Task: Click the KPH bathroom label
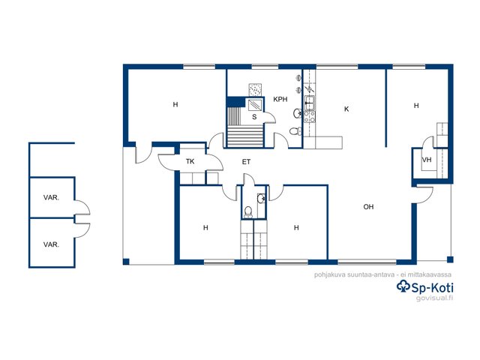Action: pos(280,99)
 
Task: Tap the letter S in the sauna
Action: pos(254,117)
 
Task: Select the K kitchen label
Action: pos(346,109)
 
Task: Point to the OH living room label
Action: pos(368,207)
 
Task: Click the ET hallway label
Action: pos(246,162)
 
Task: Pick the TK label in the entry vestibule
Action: pos(190,161)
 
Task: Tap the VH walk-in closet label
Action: pos(427,160)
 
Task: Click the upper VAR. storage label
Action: pos(51,198)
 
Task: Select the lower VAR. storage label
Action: pos(51,244)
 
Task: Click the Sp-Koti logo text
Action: pos(425,288)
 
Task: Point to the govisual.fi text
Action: pos(434,298)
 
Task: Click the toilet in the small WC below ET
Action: pos(248,212)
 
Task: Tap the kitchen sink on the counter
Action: pos(310,103)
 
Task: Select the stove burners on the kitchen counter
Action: pos(310,117)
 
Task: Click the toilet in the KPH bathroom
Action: pos(295,131)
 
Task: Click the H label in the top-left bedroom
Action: pos(175,105)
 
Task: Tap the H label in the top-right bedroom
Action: pos(416,106)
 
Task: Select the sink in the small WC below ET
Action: pos(261,199)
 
